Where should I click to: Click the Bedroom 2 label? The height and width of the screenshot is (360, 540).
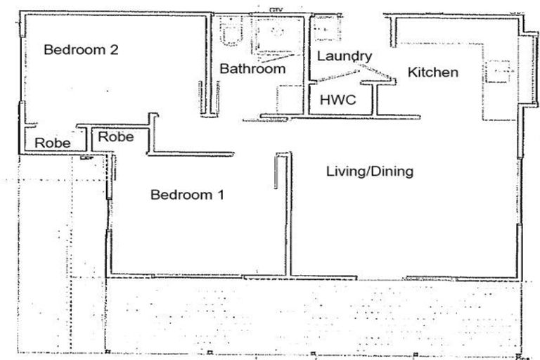point(80,50)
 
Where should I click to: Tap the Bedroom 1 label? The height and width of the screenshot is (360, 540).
point(187,195)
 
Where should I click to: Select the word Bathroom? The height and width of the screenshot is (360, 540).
point(252,69)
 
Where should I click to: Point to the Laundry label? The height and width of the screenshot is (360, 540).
point(344,56)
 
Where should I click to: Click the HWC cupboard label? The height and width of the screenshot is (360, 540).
point(337,100)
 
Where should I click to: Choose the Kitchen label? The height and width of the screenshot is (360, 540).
point(433,72)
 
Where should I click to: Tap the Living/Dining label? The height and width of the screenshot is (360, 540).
point(369,172)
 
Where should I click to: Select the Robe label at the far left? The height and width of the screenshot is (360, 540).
point(53,143)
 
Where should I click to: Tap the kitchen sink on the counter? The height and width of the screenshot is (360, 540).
point(500,70)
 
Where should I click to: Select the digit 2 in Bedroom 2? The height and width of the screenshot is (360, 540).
point(112,50)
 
